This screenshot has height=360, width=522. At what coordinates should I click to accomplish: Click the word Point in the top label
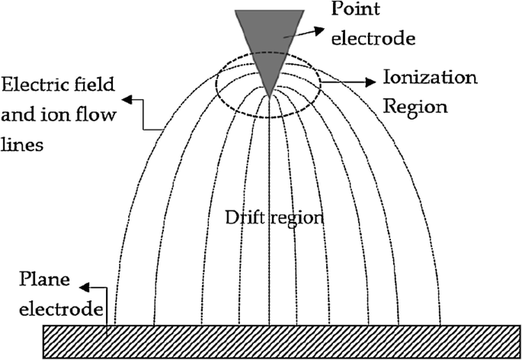point(355,8)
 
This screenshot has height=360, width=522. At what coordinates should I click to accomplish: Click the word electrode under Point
point(373,37)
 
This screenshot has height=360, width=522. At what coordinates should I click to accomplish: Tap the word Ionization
point(430,77)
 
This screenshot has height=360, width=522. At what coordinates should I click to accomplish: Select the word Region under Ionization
point(415,108)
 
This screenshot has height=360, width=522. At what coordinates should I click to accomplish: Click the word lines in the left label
point(22,144)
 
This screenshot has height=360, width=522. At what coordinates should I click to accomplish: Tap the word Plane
point(44,279)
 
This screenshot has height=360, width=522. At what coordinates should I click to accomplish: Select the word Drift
point(245,217)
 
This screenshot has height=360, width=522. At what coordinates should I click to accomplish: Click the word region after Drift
point(296,219)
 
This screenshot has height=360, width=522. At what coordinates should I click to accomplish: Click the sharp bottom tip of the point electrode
point(269,98)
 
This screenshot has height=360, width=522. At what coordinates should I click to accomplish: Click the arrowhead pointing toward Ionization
point(370,82)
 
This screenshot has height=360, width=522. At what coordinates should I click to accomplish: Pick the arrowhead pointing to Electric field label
point(127,99)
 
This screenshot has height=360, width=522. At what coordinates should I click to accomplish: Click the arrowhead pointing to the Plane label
point(85,288)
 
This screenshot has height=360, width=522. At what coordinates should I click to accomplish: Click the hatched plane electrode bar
point(282,342)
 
